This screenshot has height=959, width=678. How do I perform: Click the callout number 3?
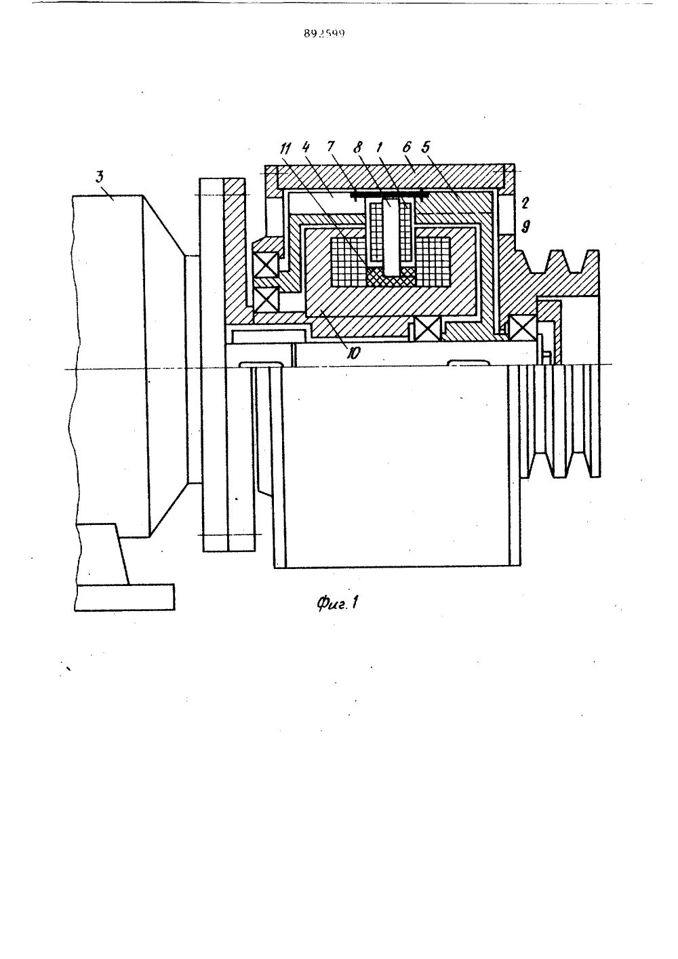click(x=100, y=178)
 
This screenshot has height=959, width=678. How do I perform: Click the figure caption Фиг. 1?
click(x=337, y=602)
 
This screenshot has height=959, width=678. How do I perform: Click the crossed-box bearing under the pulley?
click(x=523, y=328)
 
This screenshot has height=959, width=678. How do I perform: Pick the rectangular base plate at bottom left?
click(x=125, y=598)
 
